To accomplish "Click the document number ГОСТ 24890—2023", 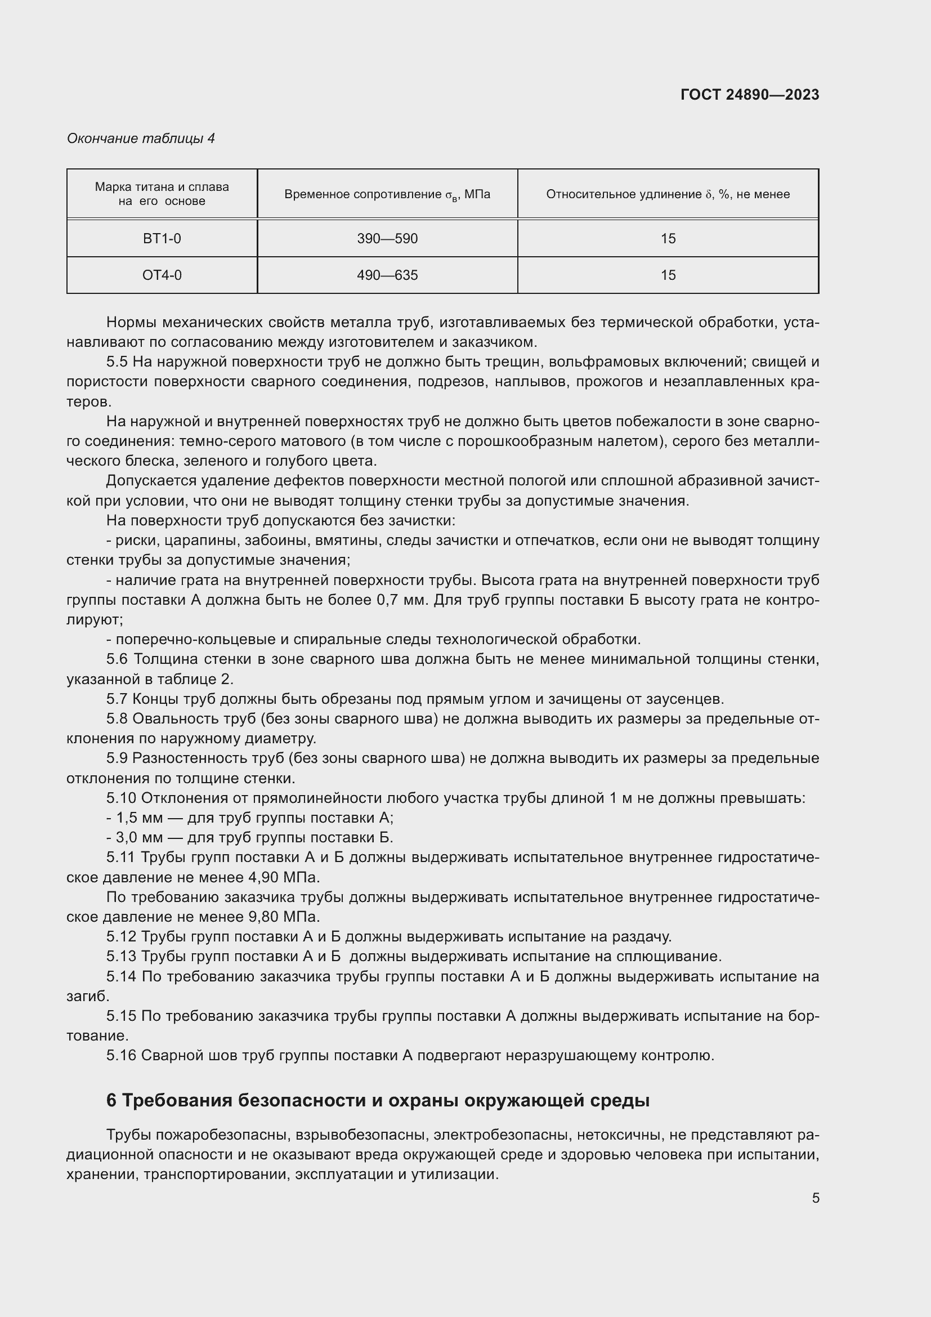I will [x=749, y=95].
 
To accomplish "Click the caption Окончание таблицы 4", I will [x=141, y=139].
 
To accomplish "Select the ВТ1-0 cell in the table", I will [x=162, y=239].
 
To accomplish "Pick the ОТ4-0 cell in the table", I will [x=162, y=275].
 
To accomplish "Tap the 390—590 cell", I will [x=387, y=239].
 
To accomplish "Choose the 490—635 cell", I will [x=387, y=275].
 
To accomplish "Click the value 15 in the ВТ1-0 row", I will [x=668, y=239].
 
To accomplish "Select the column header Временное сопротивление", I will [x=387, y=194].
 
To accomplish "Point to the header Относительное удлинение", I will [x=668, y=194].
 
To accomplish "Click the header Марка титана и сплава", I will [x=162, y=194].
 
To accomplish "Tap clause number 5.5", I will [x=117, y=362].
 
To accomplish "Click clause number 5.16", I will [x=121, y=1055].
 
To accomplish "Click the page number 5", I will [x=815, y=1198].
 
